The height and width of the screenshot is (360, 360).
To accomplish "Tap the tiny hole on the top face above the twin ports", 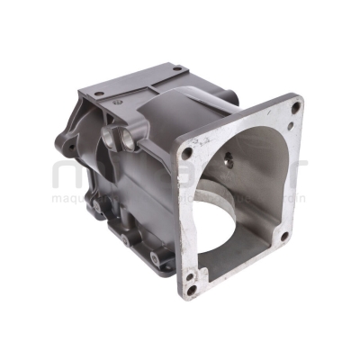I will [116, 106].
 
